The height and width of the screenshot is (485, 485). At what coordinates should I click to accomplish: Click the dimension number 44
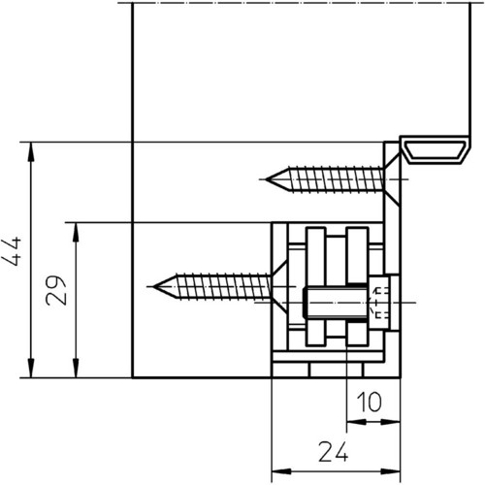tap(12, 251)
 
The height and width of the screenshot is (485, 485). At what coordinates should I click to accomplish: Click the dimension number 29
tap(56, 290)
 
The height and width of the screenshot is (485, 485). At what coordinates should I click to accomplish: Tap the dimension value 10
tap(369, 402)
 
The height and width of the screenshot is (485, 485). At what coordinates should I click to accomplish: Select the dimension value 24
tap(334, 451)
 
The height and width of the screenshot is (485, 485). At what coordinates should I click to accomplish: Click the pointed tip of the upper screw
tap(267, 179)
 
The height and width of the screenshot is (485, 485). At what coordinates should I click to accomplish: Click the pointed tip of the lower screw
tap(154, 287)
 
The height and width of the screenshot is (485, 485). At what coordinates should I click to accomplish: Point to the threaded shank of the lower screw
tap(224, 287)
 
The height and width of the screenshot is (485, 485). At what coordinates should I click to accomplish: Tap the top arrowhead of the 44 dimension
tap(31, 151)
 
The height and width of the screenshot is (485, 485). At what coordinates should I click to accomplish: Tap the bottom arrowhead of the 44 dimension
tap(31, 368)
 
